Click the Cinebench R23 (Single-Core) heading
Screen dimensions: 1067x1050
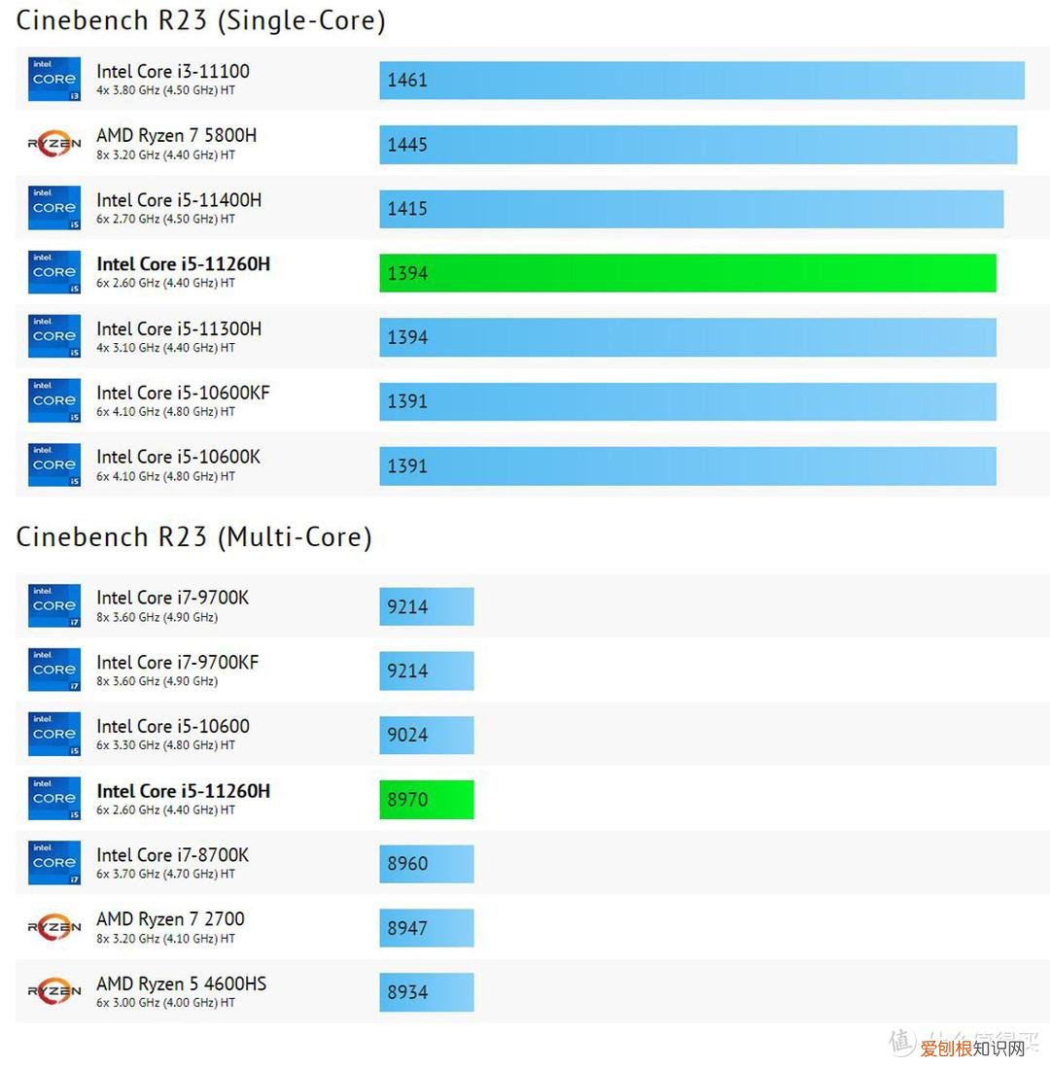(x=200, y=19)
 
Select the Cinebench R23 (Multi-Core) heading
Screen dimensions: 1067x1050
(x=193, y=536)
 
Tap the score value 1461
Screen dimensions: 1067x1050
(x=407, y=81)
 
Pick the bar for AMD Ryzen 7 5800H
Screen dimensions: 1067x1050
(x=697, y=145)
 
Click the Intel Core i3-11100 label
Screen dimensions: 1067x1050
(x=172, y=71)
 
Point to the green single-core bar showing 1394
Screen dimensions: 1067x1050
(x=687, y=273)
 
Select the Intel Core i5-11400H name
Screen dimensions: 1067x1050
(x=179, y=200)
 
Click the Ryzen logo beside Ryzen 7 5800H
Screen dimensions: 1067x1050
(x=54, y=144)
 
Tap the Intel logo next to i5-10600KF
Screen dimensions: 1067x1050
(x=54, y=400)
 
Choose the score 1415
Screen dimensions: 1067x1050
(x=407, y=209)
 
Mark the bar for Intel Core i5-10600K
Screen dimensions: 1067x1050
(x=687, y=465)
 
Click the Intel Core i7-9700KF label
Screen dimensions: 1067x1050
(x=177, y=663)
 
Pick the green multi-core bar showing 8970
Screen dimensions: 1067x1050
(x=426, y=799)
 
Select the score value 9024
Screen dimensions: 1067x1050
(x=407, y=735)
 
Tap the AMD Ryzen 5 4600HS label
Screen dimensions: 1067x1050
(x=181, y=983)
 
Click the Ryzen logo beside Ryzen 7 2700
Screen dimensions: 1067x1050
(x=54, y=927)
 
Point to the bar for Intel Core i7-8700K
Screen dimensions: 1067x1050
(x=426, y=863)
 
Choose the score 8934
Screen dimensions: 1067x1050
(x=407, y=992)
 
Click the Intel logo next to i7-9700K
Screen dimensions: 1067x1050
(x=54, y=605)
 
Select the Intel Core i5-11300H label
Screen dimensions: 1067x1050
(x=179, y=328)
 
